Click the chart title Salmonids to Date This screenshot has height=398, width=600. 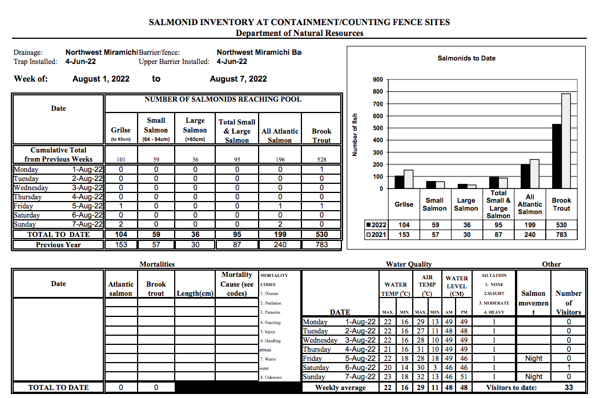click(x=466, y=58)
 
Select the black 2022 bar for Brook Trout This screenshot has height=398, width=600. click(x=556, y=156)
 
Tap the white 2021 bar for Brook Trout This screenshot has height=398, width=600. click(x=566, y=141)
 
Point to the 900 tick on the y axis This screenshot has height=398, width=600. click(x=377, y=80)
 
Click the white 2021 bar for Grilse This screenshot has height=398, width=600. click(x=408, y=179)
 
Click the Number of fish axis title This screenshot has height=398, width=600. click(x=355, y=134)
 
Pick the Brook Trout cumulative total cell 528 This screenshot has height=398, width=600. click(x=321, y=160)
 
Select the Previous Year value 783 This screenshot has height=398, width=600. click(x=321, y=244)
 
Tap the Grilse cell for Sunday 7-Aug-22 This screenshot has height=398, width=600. click(x=121, y=224)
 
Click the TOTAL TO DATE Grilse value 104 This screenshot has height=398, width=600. click(x=121, y=234)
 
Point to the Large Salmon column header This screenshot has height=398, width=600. click(x=195, y=130)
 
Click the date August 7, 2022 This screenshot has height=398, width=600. click(x=238, y=79)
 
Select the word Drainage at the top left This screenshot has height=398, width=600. click(x=28, y=53)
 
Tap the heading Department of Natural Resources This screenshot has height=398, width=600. click(x=299, y=33)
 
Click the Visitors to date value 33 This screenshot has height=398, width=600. click(x=569, y=387)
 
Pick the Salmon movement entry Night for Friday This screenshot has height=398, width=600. click(x=533, y=359)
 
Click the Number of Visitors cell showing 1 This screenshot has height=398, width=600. click(x=569, y=368)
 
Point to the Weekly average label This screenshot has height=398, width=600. click(x=340, y=387)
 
